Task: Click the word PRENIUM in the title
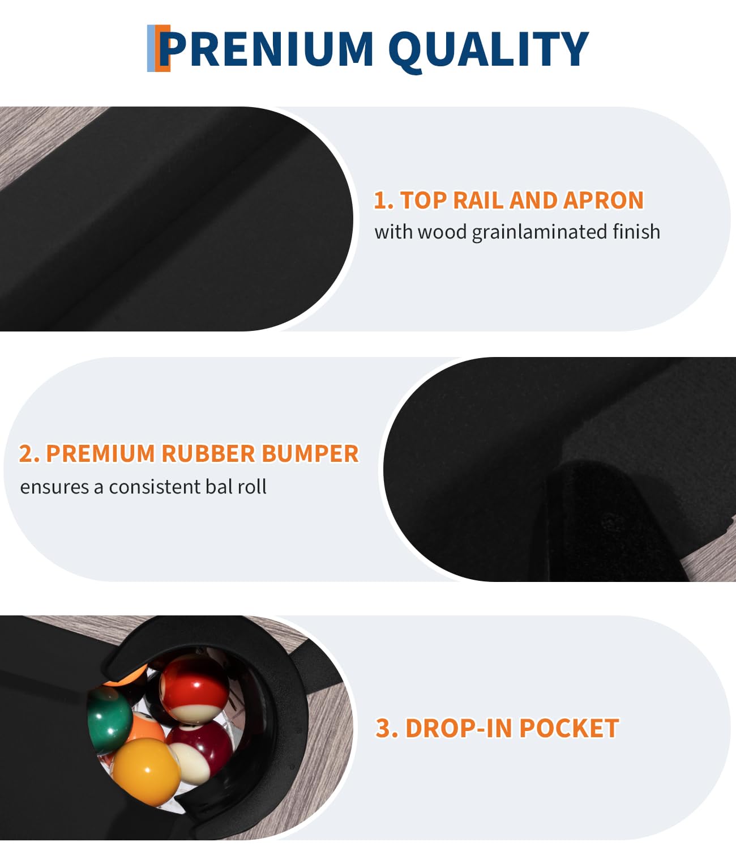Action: [266, 49]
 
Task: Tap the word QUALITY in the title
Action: [489, 51]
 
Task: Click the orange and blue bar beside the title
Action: [158, 48]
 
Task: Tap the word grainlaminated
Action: [539, 232]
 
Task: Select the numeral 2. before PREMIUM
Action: [29, 453]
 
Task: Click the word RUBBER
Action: [208, 453]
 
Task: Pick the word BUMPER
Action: [310, 453]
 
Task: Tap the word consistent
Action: [154, 487]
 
